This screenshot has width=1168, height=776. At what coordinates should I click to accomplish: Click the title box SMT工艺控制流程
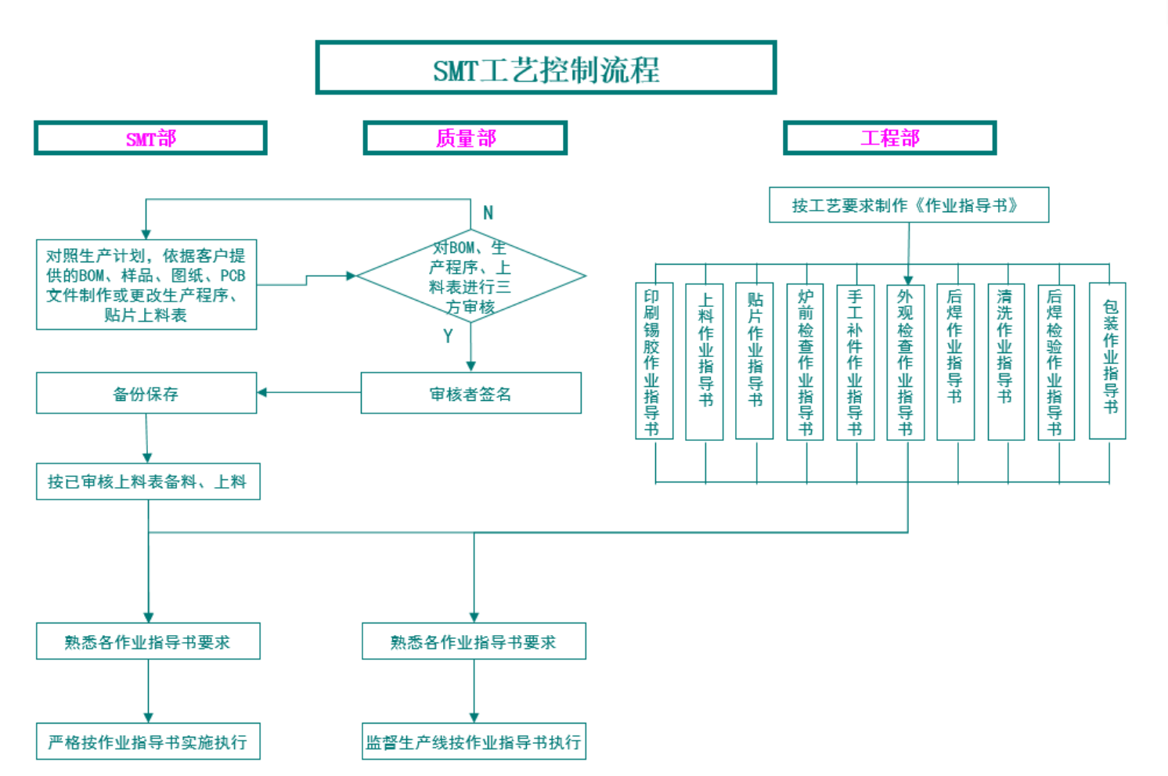coord(546,68)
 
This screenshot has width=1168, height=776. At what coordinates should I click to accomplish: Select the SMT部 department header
coord(150,139)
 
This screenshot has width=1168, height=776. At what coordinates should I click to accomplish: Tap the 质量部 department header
coord(465,139)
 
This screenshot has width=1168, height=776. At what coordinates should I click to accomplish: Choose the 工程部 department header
coord(889,139)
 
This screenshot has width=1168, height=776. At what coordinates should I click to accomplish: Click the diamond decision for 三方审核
coord(470,276)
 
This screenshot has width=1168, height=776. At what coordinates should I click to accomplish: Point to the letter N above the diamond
coord(488,213)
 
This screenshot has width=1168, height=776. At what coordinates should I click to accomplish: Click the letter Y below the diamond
coord(448,336)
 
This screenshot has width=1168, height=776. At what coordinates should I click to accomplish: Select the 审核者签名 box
coord(470,393)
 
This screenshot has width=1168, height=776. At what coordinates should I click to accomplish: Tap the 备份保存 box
coord(146,393)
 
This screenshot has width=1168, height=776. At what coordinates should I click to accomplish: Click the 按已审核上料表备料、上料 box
coord(148,482)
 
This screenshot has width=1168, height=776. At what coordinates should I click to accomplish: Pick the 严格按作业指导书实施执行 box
coord(148,742)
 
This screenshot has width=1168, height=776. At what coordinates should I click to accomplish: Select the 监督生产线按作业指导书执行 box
coord(474,742)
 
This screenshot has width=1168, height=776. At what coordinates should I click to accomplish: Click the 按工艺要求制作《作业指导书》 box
coord(908,205)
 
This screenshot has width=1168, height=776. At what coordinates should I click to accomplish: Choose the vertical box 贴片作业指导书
coord(755,362)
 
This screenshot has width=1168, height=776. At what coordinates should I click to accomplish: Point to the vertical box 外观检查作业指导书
coord(905,362)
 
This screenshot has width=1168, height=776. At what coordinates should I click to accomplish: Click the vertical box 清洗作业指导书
coord(1005,362)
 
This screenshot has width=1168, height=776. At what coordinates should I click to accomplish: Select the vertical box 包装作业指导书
coord(1108,362)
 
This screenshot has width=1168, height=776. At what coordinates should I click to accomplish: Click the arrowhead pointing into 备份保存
coord(262,392)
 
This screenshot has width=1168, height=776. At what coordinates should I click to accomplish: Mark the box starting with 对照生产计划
coord(146,285)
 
